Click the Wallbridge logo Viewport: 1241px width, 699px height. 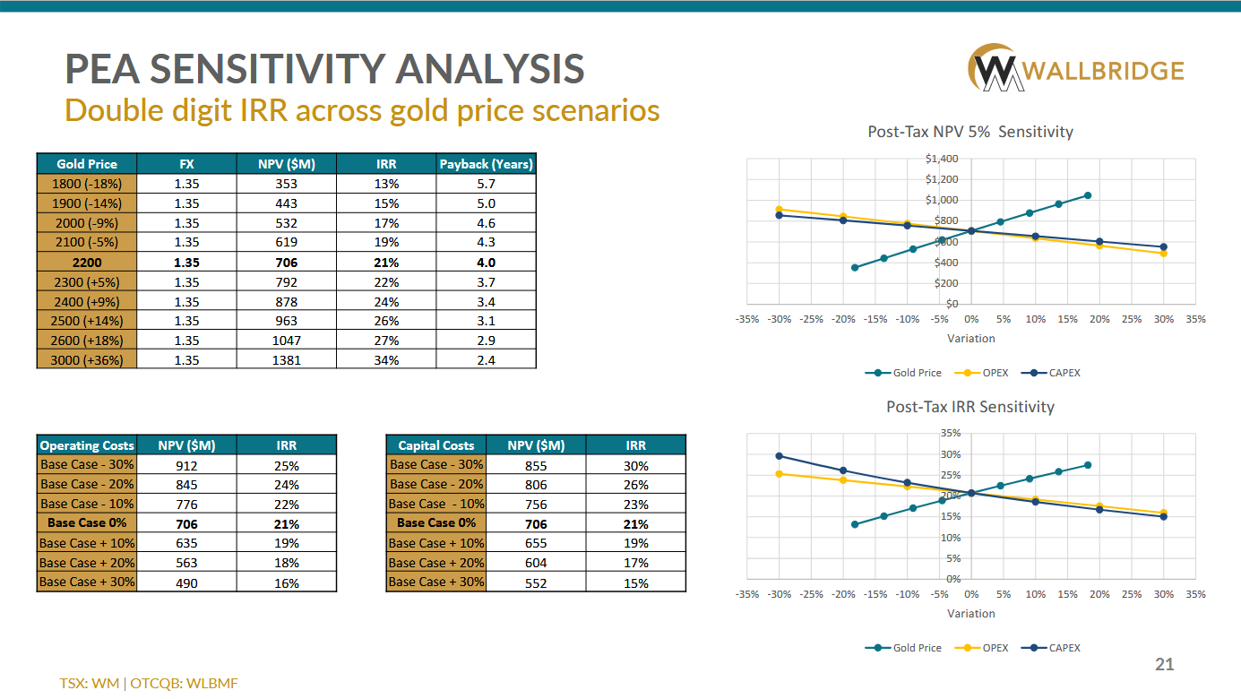1076,70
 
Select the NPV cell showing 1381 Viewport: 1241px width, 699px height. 288,359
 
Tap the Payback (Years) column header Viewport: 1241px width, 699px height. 486,164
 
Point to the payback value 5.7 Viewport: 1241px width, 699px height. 486,184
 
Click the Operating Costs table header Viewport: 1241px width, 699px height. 87,445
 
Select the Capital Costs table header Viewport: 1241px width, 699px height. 436,445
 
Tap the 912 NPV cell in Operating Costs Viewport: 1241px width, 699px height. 186,465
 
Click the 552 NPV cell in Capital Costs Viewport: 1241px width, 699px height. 536,582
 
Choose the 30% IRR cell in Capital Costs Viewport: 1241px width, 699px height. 635,465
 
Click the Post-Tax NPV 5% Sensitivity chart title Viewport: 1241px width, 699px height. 970,132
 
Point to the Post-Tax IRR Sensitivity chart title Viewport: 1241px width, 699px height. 970,407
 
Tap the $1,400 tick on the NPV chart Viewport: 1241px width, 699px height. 943,160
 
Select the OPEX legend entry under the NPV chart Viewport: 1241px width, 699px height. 988,373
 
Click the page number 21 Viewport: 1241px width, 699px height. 1164,664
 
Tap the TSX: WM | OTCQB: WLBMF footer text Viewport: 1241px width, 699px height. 149,683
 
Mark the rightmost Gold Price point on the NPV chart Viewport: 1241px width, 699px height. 1088,195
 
